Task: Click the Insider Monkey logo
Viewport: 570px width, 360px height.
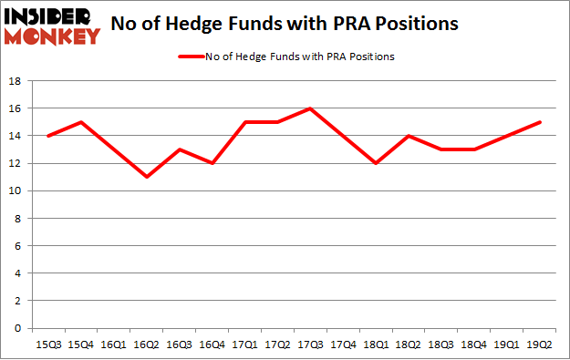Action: pyautogui.click(x=52, y=26)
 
